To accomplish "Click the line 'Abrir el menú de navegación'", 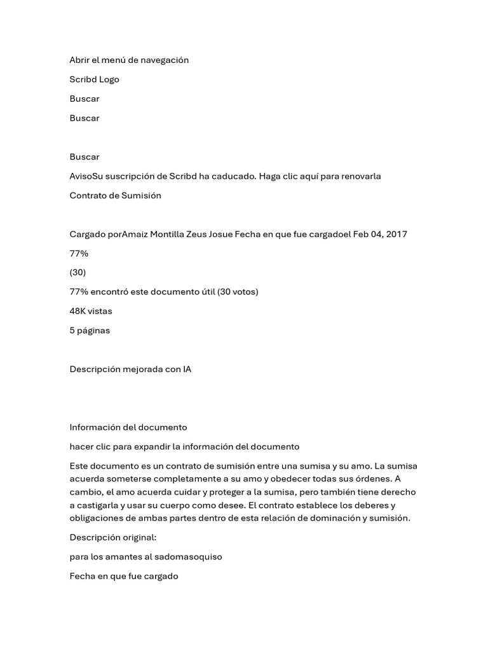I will [x=129, y=60].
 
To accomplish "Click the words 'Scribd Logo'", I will [x=94, y=79].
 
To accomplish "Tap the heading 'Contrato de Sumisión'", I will [x=115, y=196].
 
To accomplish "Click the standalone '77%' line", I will [x=79, y=254].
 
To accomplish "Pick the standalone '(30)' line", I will [x=78, y=273].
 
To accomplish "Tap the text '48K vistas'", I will [x=91, y=312].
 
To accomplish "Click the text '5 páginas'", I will [x=90, y=331].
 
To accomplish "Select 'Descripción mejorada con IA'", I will [x=130, y=369].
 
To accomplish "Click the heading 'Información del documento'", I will [x=128, y=427].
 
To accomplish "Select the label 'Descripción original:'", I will [x=112, y=538].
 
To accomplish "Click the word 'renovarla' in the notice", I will [x=361, y=176].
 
